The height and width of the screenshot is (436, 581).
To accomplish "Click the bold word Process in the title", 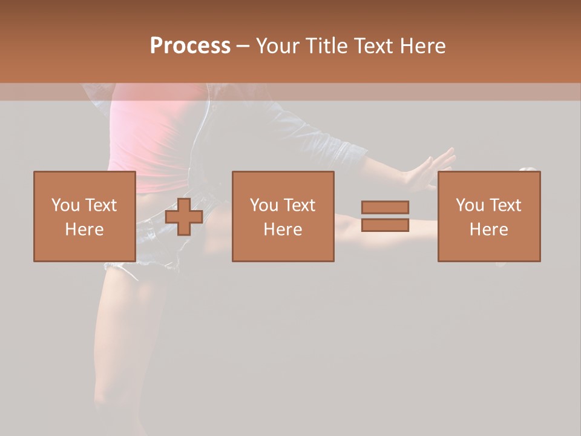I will pyautogui.click(x=190, y=46).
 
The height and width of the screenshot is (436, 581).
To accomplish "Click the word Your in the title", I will pyautogui.click(x=278, y=46).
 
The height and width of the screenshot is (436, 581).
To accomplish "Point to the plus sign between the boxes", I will pyautogui.click(x=184, y=217).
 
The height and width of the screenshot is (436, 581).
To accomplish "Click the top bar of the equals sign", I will pyautogui.click(x=385, y=208).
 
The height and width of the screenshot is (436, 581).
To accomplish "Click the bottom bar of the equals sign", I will pyautogui.click(x=385, y=225).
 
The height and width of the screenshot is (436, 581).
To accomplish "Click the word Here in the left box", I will pyautogui.click(x=84, y=230).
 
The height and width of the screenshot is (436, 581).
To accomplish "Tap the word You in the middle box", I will pyautogui.click(x=264, y=205).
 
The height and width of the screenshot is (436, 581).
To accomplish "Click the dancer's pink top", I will pyautogui.click(x=151, y=139).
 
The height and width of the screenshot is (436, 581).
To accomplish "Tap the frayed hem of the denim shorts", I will pyautogui.click(x=121, y=266).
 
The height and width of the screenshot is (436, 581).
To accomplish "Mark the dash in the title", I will pyautogui.click(x=243, y=46).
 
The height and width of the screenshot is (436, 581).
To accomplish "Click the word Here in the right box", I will pyautogui.click(x=488, y=230).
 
